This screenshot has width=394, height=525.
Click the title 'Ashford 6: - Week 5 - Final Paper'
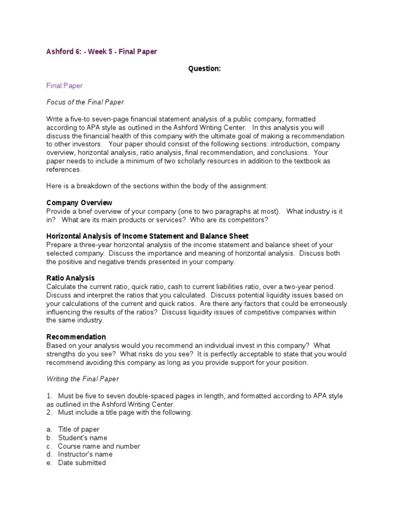(x=102, y=52)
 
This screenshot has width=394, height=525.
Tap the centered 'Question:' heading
(x=204, y=69)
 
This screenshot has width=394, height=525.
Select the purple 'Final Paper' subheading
(x=65, y=86)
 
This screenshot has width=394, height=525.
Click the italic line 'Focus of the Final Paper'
(x=85, y=102)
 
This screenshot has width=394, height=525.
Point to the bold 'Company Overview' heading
(x=79, y=203)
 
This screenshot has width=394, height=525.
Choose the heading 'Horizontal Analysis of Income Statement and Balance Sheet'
(x=147, y=236)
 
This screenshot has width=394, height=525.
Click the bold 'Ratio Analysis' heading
(x=70, y=278)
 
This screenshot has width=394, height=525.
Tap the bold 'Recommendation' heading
(x=76, y=337)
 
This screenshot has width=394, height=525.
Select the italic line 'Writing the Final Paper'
(x=83, y=379)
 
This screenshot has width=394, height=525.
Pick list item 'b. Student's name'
(x=77, y=438)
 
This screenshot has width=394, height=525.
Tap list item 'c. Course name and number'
(x=93, y=446)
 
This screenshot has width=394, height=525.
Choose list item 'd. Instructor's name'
(x=80, y=454)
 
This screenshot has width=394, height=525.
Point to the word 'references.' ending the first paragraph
(x=64, y=169)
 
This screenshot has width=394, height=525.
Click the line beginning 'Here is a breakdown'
(x=157, y=186)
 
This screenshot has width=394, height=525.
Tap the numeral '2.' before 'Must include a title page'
(x=50, y=412)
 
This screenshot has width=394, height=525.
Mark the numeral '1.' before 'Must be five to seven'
(x=50, y=396)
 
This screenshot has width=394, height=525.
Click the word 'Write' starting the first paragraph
(x=55, y=119)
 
